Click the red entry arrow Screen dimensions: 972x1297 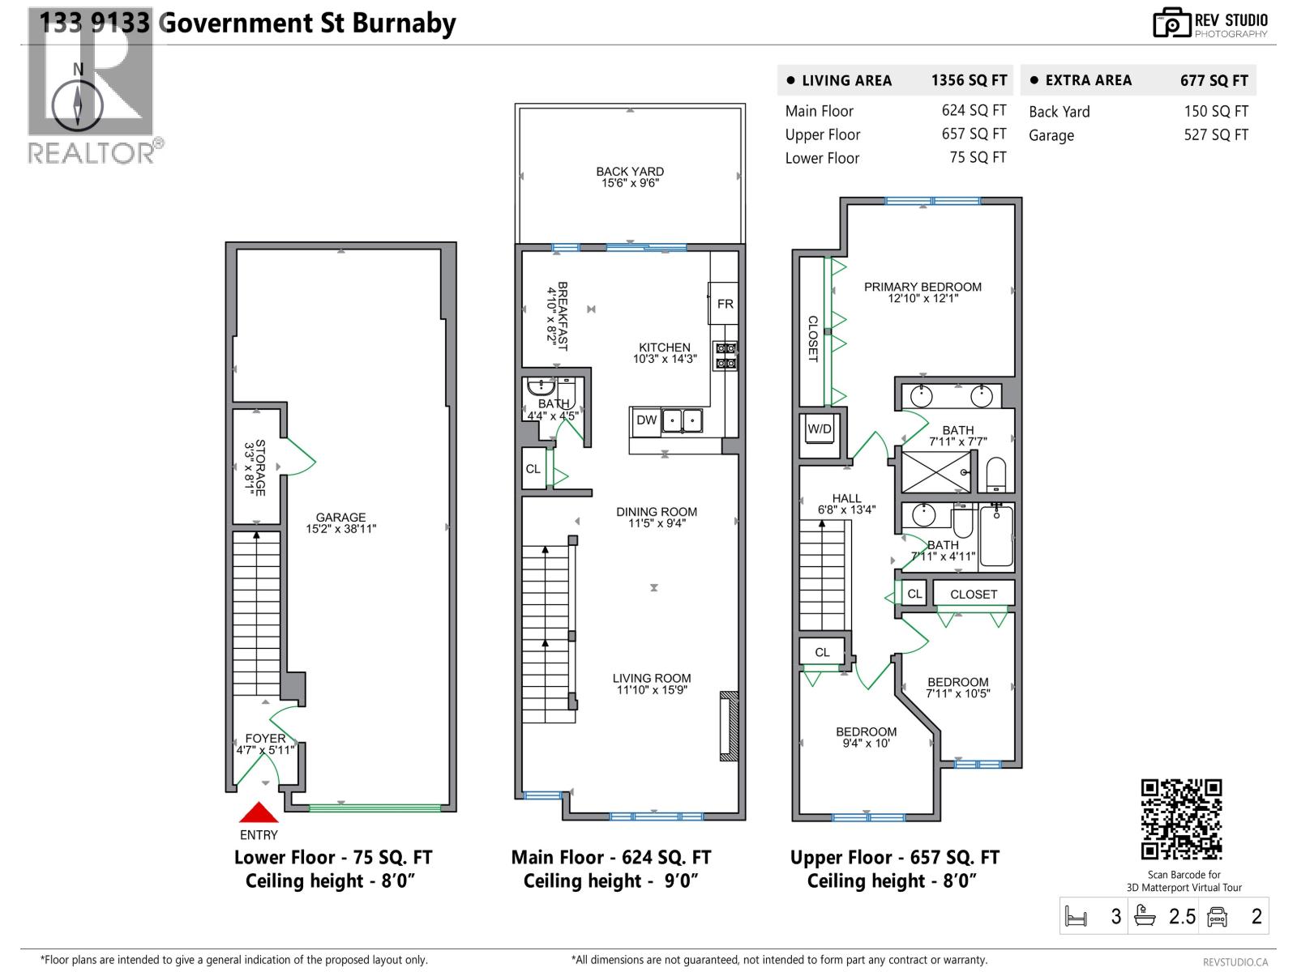click(259, 812)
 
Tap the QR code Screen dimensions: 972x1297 click(1181, 819)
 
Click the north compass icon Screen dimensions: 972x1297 click(78, 106)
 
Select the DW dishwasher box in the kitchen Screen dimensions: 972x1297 click(646, 420)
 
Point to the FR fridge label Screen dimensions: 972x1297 click(725, 304)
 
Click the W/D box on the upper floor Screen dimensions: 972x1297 click(820, 429)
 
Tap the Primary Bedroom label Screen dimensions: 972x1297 click(922, 292)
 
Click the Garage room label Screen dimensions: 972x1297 click(340, 523)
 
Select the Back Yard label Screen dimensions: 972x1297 click(630, 177)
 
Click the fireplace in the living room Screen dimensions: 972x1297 click(729, 726)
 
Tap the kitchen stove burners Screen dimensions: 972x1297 click(726, 356)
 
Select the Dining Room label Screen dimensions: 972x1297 click(657, 518)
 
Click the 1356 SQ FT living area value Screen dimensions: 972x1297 click(969, 80)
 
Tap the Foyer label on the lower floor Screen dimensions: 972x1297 click(265, 744)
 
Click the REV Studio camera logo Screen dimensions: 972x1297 click(1171, 23)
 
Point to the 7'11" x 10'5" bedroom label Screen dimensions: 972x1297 click(958, 688)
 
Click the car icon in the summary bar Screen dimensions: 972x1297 click(1217, 917)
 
